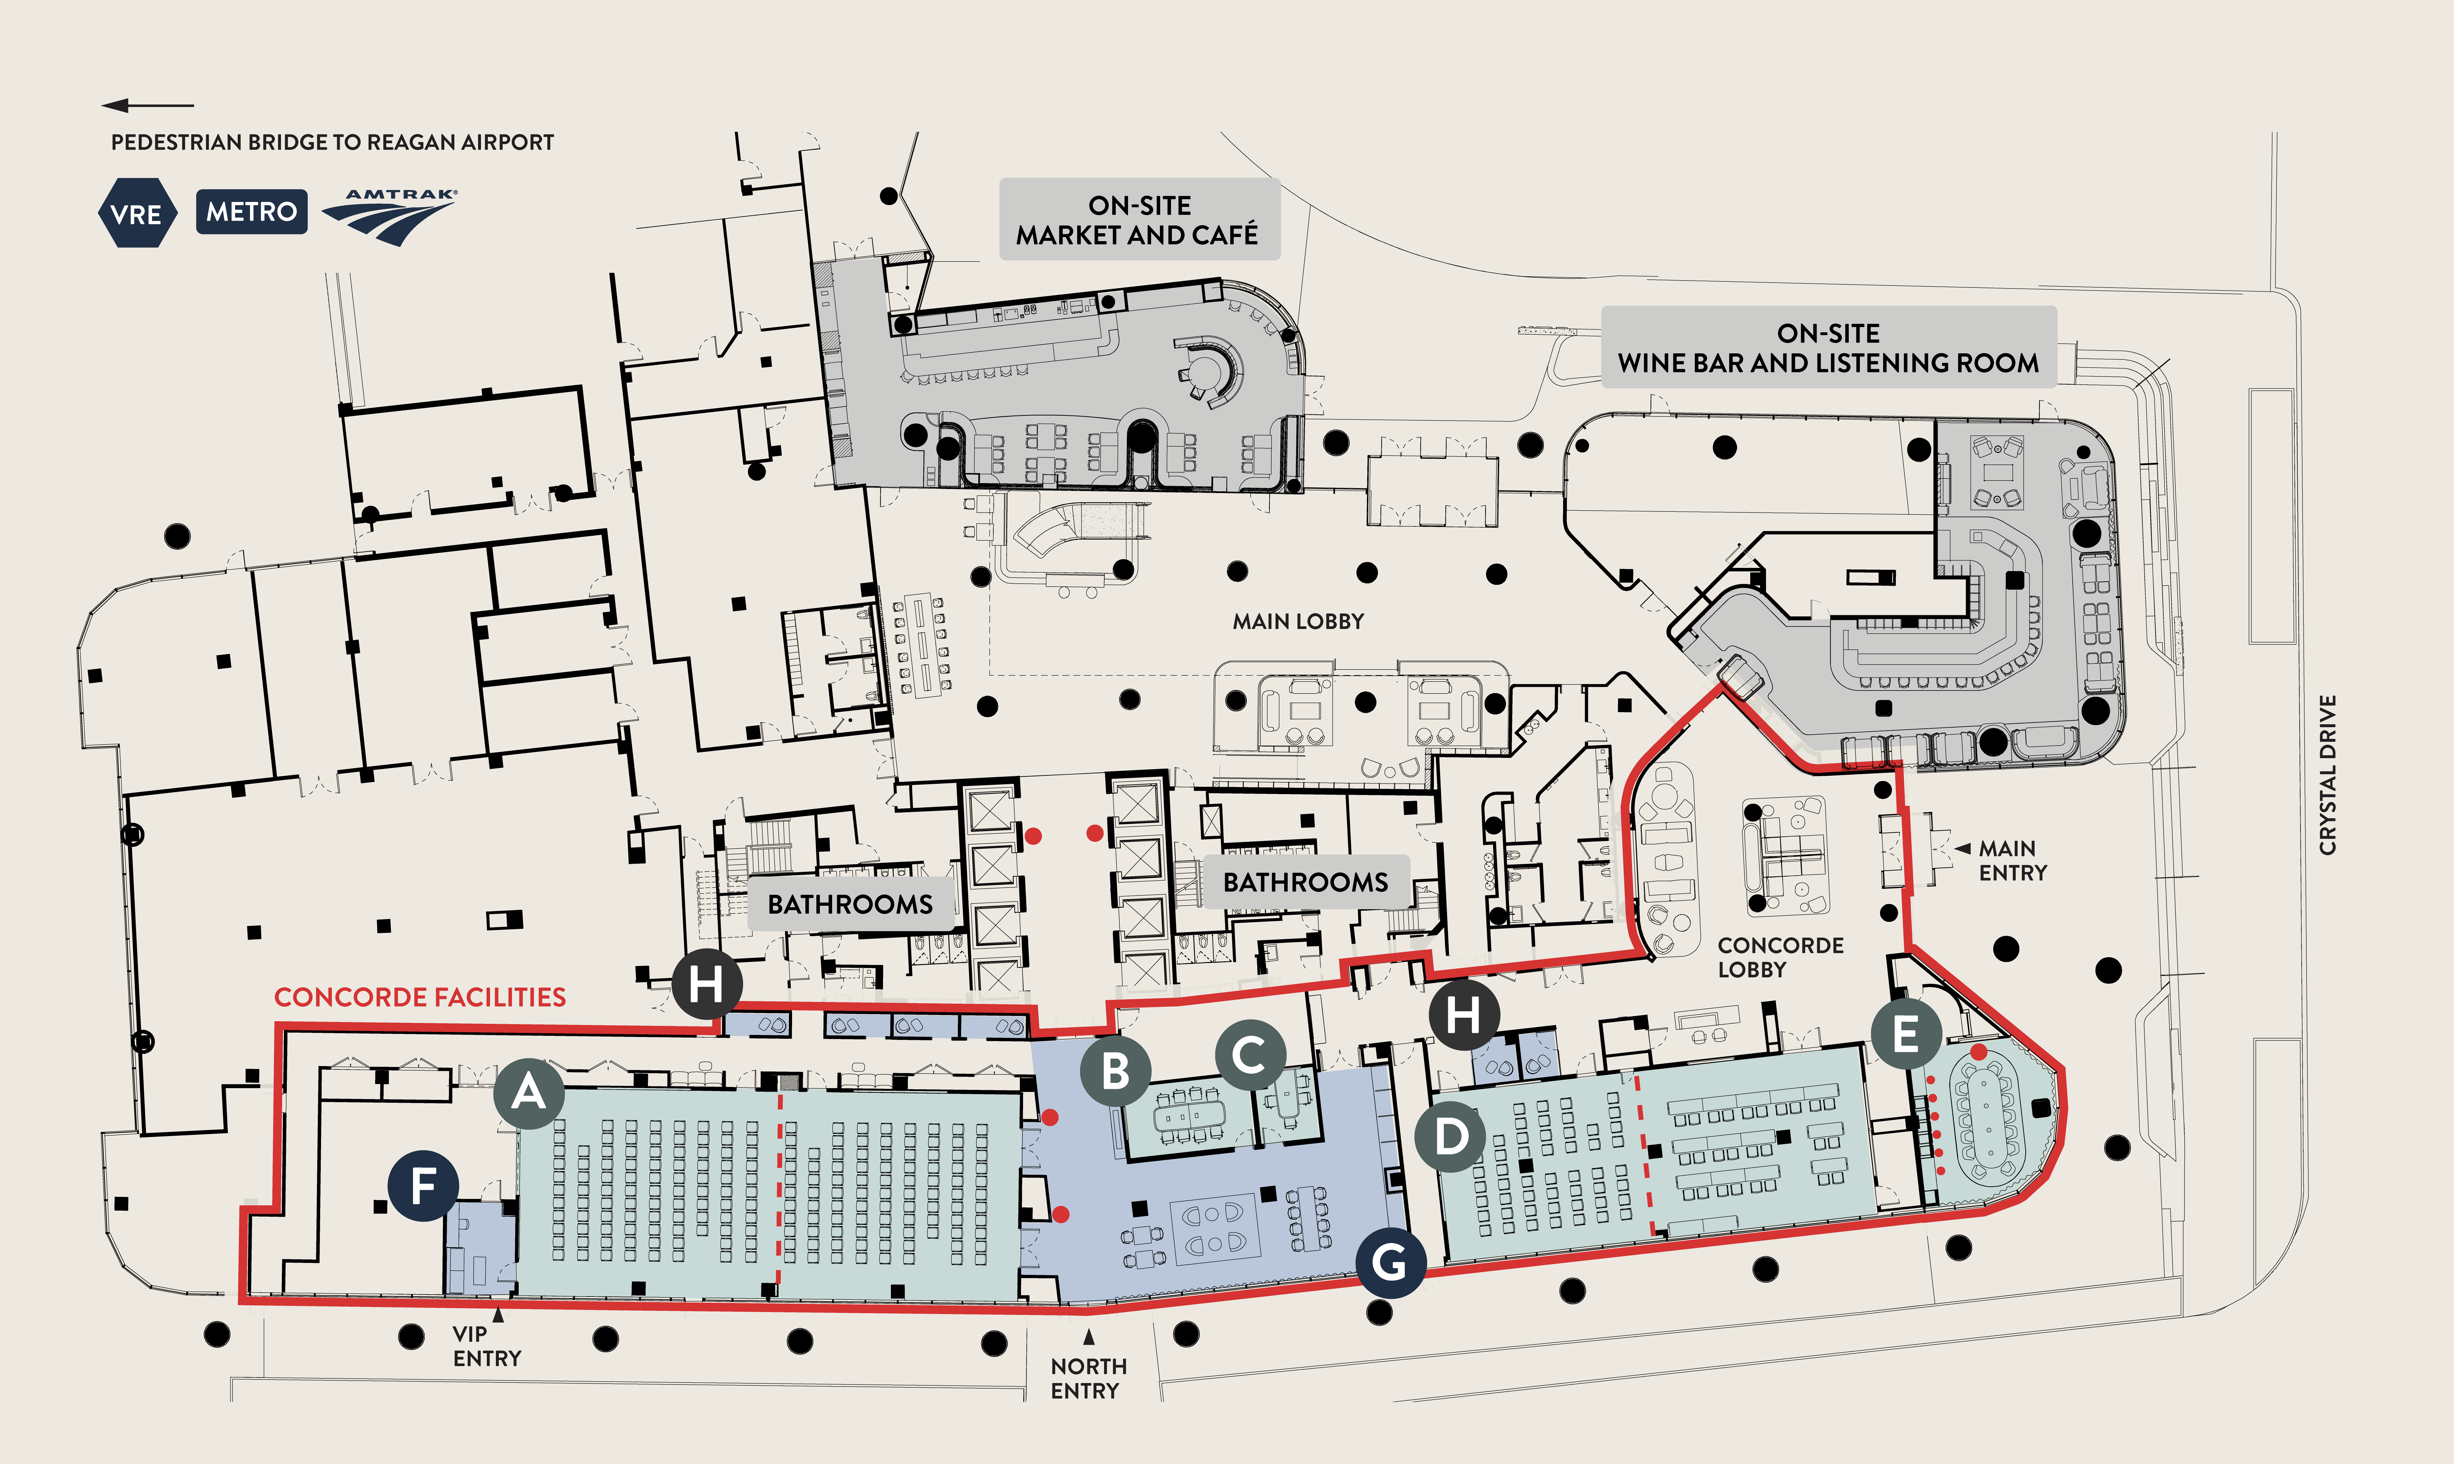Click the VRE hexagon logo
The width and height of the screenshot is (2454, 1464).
(137, 213)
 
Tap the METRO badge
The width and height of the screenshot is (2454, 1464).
(252, 211)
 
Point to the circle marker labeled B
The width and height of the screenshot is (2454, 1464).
(1115, 1070)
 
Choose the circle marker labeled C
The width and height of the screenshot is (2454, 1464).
(1250, 1055)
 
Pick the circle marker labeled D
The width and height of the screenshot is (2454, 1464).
(1450, 1136)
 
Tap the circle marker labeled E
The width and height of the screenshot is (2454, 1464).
(1905, 1034)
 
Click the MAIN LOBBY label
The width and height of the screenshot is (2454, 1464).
(1298, 621)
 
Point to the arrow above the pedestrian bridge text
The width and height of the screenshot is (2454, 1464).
(148, 105)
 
